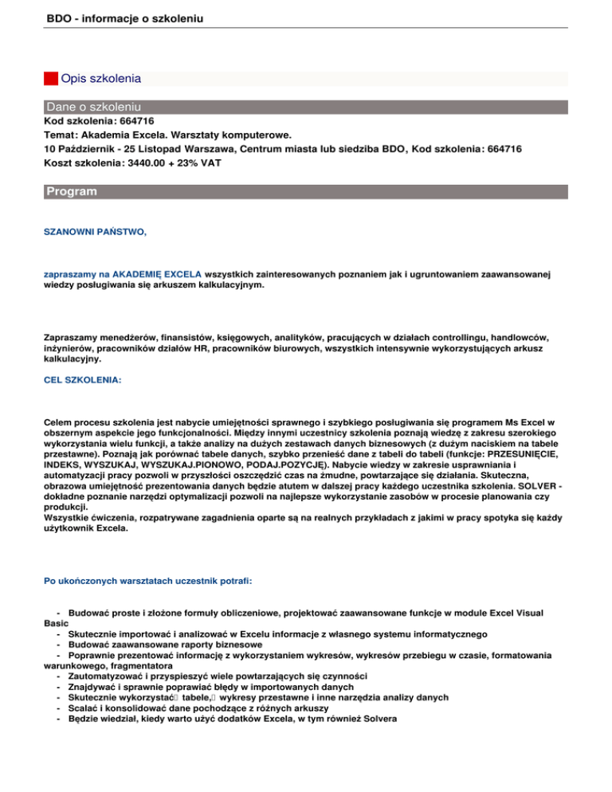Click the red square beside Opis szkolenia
[51, 79]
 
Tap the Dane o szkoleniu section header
[94, 106]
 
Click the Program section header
[72, 192]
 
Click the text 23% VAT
[199, 162]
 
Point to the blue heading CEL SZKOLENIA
[82, 381]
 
